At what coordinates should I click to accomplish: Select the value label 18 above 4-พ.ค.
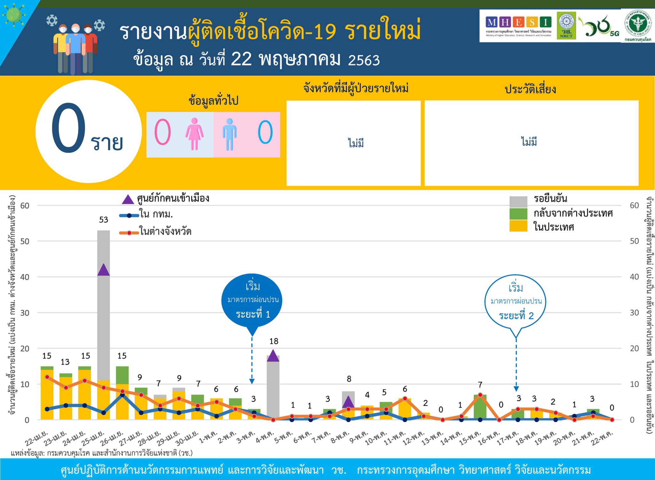274,341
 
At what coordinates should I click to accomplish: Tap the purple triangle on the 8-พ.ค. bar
348,402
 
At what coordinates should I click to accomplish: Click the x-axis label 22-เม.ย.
36,438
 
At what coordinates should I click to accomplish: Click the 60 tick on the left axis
25,205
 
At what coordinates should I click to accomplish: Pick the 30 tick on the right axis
634,313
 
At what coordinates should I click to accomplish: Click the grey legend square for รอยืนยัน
518,202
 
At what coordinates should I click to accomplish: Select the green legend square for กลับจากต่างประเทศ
518,214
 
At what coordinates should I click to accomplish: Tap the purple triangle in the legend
128,200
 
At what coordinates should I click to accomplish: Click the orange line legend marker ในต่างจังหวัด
129,233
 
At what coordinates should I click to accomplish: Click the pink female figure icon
194,134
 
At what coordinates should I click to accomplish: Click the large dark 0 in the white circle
68,128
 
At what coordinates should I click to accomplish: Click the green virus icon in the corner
13,14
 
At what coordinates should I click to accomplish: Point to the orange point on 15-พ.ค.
480,395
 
